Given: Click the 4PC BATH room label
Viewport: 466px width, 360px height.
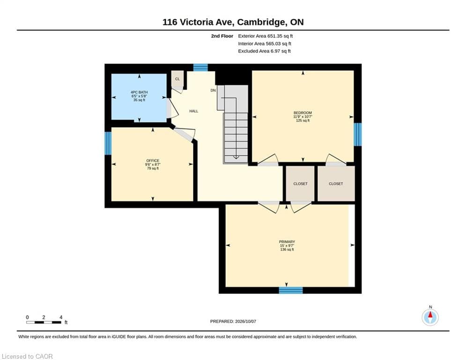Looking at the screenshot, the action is pos(139,92).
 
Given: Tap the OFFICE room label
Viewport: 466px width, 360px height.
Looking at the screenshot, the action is pos(153,161).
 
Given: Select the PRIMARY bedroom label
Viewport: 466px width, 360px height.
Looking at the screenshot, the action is pos(287,242).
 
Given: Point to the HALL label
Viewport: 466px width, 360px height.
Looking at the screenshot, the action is pos(194,111).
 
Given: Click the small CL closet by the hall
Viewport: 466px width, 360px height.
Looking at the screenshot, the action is pos(178,79).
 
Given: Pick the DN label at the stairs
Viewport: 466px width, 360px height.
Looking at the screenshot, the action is pos(213,90).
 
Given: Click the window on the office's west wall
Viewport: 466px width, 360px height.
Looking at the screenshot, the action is pos(108,143).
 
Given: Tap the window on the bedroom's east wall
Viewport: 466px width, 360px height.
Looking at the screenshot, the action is pos(358,135).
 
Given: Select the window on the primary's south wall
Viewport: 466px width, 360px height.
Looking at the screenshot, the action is pos(291,290).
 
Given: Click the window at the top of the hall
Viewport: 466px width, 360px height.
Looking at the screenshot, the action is pos(200,67).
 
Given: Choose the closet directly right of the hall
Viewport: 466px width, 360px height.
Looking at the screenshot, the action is pos(300,184).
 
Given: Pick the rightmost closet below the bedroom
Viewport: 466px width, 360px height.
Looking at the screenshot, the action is pos(336,184).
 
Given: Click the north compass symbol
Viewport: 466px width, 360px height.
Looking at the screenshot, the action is pos(430,317).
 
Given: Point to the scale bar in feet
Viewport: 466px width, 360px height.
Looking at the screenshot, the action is pos(44,322).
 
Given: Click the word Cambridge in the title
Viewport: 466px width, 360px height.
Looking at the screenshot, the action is pos(261,22).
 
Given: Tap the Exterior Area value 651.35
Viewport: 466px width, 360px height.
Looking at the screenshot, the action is pos(274,36).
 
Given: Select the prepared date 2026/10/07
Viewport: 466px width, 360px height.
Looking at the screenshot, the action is pos(245,321).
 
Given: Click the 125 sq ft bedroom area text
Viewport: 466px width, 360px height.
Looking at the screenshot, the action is pos(303,120).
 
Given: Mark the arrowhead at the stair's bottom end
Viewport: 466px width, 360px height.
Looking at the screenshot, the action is pos(236,157).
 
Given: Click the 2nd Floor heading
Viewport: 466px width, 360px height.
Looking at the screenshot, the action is pos(222,36).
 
